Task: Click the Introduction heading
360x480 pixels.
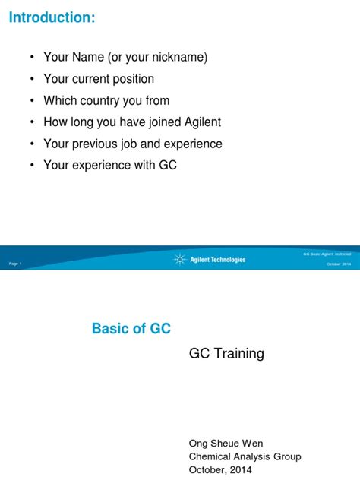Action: [x=52, y=17]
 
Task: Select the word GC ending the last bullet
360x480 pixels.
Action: [x=168, y=165]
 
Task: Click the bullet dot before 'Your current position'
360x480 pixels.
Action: [x=31, y=79]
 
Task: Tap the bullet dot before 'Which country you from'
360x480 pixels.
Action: [x=31, y=100]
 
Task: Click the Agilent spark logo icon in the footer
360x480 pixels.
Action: [x=179, y=260]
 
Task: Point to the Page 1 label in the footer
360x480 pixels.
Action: [x=16, y=263]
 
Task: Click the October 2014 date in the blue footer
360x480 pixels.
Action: [x=339, y=264]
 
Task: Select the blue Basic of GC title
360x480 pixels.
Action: [x=131, y=329]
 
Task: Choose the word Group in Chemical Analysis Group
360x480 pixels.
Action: [x=286, y=456]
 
